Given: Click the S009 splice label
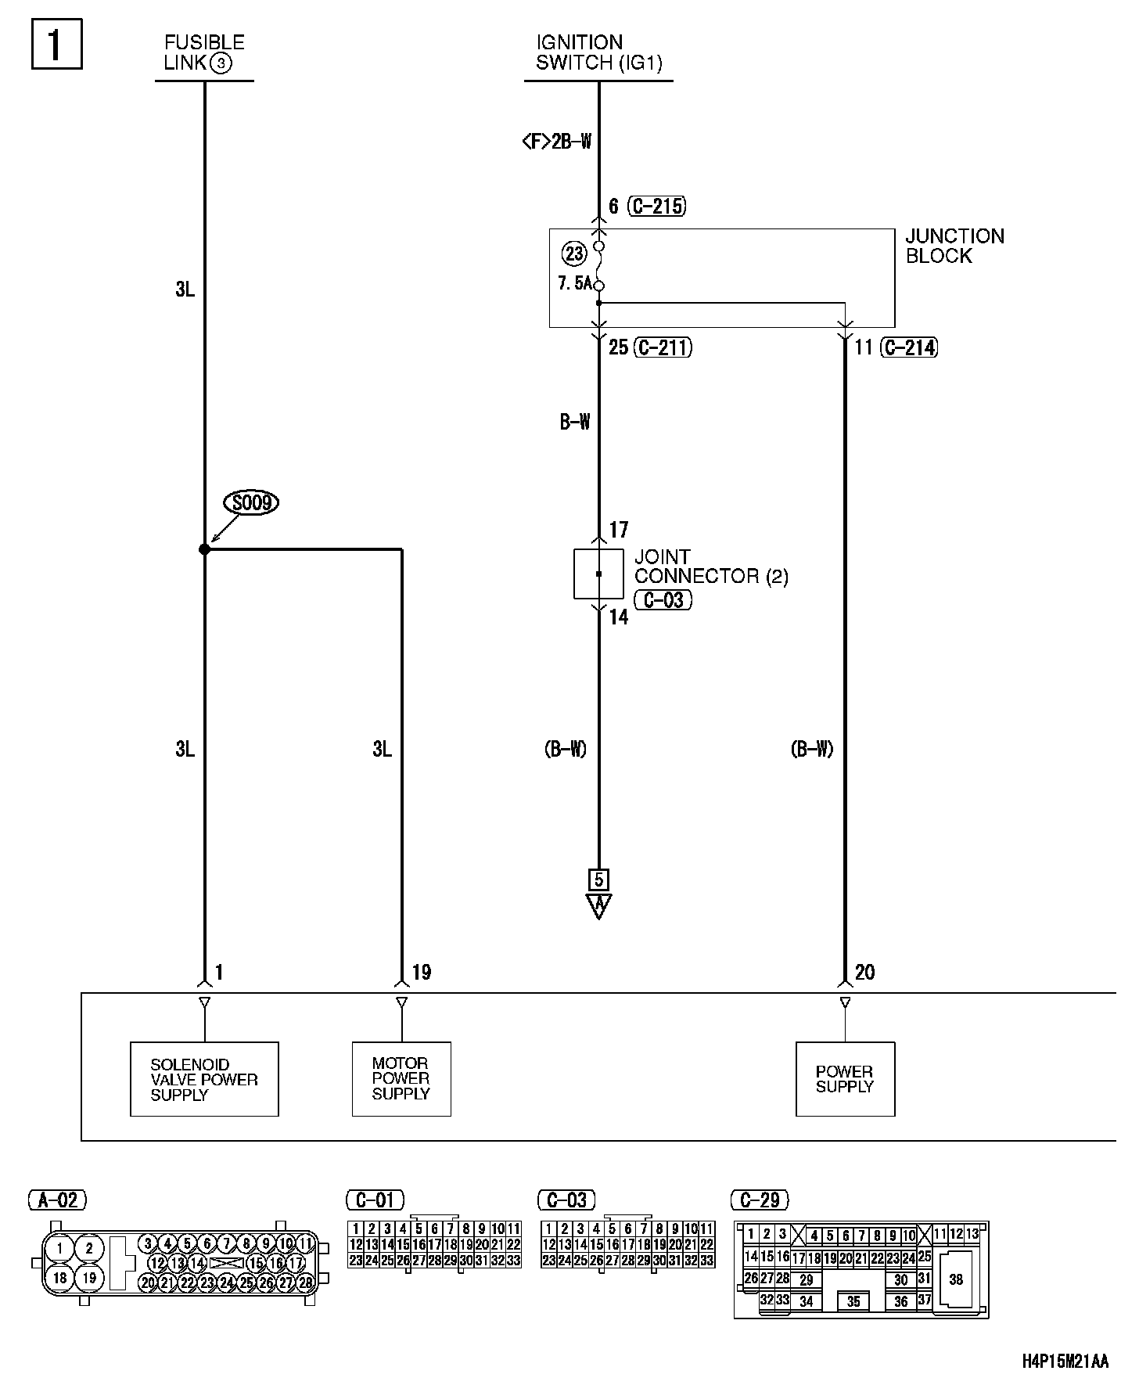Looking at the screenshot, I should [251, 502].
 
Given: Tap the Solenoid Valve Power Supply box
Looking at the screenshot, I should [204, 1079].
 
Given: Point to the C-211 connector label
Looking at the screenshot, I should [663, 347].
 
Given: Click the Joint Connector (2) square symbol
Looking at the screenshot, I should [598, 574].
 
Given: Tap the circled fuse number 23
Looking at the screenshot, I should [574, 254].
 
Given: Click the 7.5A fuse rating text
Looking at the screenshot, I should [575, 283].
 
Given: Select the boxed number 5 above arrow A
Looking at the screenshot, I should [599, 879].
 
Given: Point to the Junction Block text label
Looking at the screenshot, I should [954, 246].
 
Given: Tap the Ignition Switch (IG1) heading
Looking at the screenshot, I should [598, 52].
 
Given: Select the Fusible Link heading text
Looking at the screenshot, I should [203, 52].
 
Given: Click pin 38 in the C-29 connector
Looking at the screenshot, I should [956, 1279].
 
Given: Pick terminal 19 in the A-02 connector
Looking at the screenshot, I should [89, 1278].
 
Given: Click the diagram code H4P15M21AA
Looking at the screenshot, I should [1065, 1362].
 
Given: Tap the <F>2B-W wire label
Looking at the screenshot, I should [556, 142].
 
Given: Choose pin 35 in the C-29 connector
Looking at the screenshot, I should [853, 1302].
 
